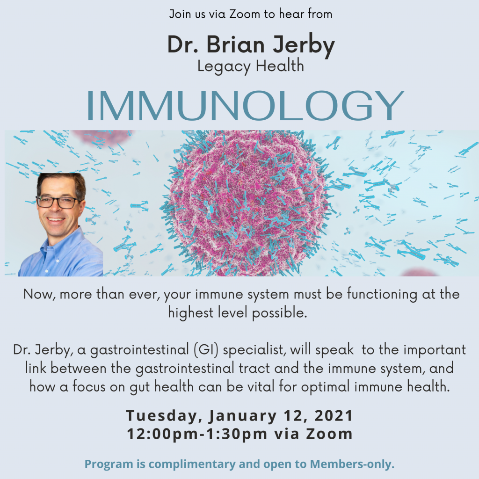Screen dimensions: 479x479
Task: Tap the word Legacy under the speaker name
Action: coord(224,66)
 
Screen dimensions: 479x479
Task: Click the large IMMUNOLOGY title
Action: coord(245,106)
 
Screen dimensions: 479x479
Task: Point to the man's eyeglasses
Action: coord(58,202)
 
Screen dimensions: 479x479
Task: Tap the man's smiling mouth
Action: coord(56,219)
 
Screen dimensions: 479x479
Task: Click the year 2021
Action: coord(334,415)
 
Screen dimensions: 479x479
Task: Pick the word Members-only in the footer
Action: coord(352,464)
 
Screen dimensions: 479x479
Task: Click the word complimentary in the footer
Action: coord(192,464)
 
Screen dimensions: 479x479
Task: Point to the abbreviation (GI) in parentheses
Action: coord(206,350)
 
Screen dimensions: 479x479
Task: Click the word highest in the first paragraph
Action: coord(191,313)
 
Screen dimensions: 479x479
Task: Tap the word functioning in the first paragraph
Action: coord(382,295)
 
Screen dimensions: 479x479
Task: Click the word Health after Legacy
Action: coord(280,66)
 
